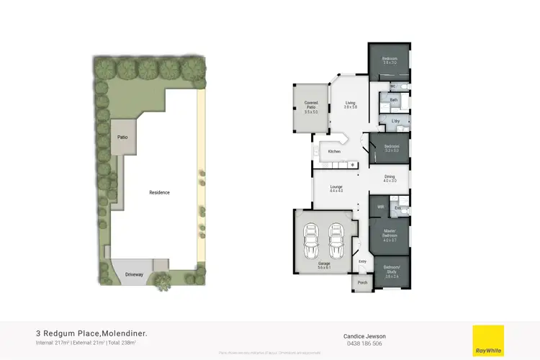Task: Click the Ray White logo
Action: pos(487,339)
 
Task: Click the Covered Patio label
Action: pos(311,107)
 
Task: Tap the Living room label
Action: pos(351,105)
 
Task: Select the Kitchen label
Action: pos(334,152)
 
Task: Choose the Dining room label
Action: pos(390,179)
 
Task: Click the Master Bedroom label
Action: pos(390,235)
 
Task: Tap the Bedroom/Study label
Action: pos(392,273)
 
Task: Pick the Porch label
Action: pos(362,282)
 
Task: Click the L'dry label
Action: pos(395,122)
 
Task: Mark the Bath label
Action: pos(394,99)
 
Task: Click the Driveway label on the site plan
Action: pos(135,274)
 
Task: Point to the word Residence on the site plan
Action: pos(159,192)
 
